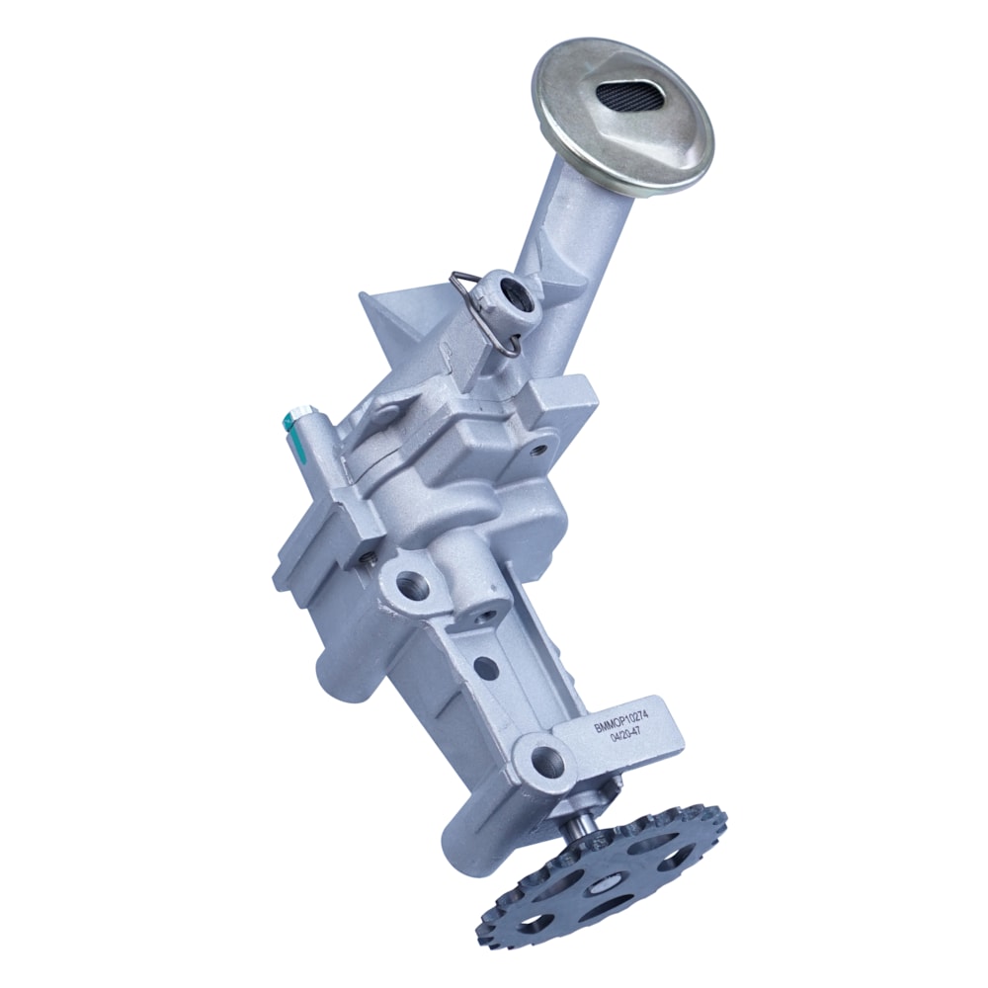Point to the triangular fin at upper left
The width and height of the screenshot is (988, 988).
pyautogui.click(x=390, y=316)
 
